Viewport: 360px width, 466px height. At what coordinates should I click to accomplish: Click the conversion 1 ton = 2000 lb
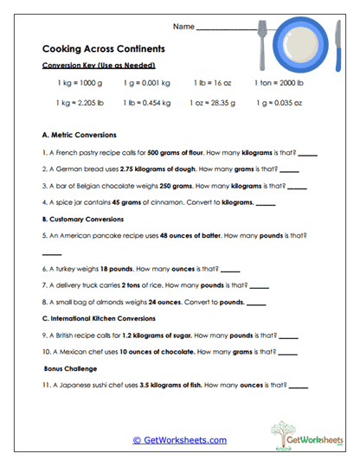tap(279, 83)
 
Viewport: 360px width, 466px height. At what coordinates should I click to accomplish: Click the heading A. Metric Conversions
tap(79, 136)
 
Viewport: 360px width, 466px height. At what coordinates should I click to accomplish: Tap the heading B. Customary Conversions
tap(85, 219)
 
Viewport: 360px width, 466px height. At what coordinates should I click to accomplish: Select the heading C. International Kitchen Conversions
tap(103, 318)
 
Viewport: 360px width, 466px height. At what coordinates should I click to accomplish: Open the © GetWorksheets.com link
tap(180, 440)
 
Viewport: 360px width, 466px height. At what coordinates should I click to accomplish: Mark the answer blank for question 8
tap(255, 303)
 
